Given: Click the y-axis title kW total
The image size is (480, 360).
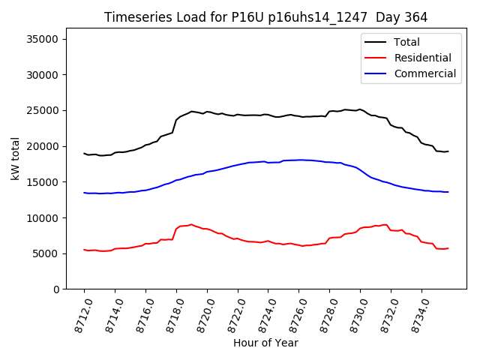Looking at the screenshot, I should [x=16, y=164].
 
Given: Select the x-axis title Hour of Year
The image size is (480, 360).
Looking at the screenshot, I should [x=265, y=343].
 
